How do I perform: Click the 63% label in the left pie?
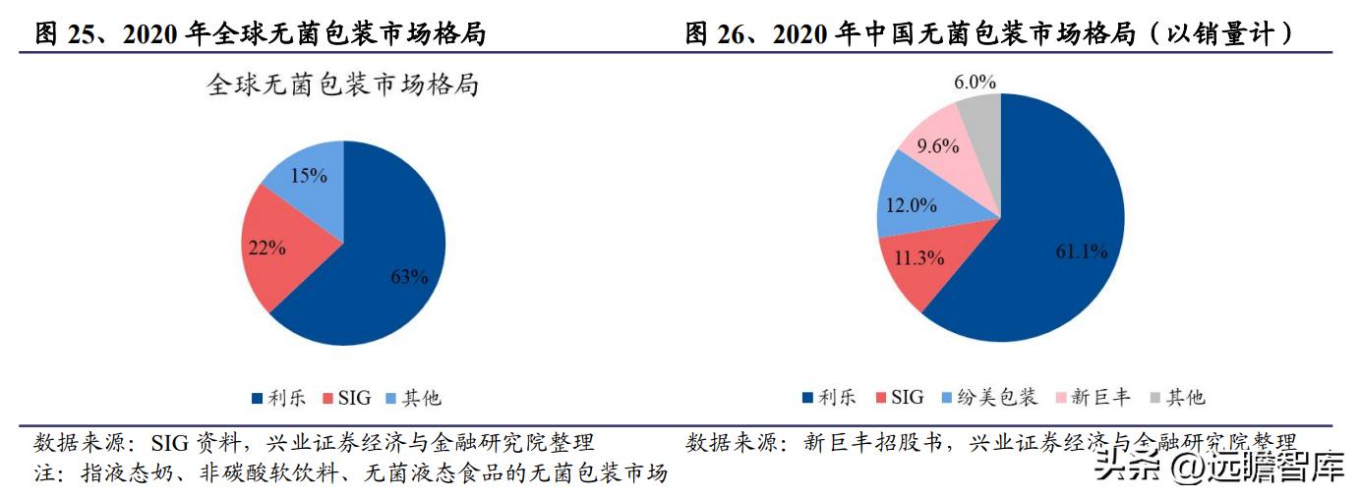409,277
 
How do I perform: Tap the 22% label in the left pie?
266,248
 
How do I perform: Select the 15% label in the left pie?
309,176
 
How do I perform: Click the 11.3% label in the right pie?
918,258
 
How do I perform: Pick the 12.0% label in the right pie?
911,206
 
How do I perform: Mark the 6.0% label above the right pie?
975,82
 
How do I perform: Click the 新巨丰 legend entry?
1091,397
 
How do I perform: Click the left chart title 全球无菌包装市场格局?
342,85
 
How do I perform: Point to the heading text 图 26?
723,34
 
